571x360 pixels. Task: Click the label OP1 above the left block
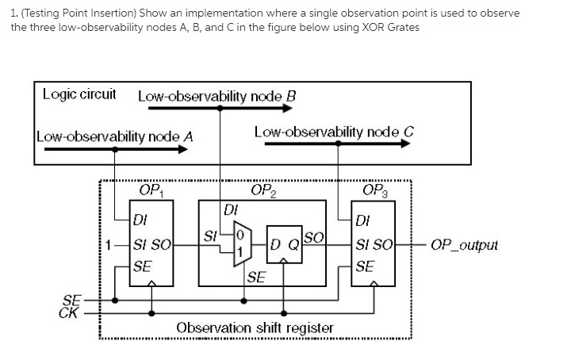point(151,190)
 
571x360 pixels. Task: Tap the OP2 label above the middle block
point(263,190)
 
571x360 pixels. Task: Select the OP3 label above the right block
point(374,190)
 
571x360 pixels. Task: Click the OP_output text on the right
point(464,244)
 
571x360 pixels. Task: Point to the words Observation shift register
point(255,327)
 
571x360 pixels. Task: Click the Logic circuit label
point(79,94)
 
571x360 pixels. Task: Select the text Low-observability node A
point(115,136)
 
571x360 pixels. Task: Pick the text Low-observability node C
point(334,131)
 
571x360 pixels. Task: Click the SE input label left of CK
point(71,299)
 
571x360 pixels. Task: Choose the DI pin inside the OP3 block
point(363,219)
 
